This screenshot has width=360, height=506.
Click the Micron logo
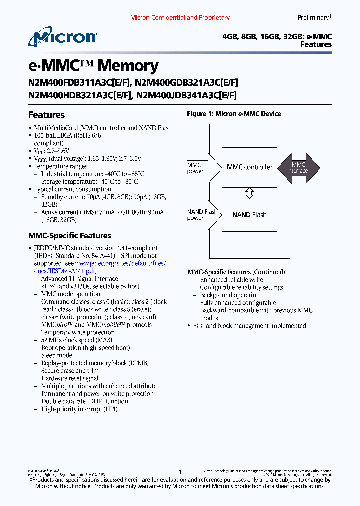(x=62, y=38)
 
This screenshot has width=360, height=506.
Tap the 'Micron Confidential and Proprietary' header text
(x=180, y=18)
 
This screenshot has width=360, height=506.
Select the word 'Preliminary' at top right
(x=313, y=18)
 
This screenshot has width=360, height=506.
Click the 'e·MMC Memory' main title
(x=93, y=66)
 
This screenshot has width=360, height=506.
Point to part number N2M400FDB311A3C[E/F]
(x=80, y=83)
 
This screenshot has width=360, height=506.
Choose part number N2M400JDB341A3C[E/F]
(x=186, y=95)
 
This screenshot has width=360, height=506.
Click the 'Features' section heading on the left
(x=46, y=115)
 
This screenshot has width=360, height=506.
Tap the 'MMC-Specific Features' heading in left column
(x=69, y=236)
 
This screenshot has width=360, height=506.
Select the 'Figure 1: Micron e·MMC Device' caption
(x=234, y=114)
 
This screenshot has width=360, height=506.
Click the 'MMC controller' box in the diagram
(x=249, y=167)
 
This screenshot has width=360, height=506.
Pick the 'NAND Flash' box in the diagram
(x=249, y=215)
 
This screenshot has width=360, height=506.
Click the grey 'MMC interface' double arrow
(x=299, y=167)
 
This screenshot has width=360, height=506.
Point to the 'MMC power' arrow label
(x=195, y=168)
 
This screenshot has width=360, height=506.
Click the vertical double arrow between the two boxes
(x=249, y=193)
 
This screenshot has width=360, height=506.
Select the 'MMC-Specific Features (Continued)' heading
(x=236, y=272)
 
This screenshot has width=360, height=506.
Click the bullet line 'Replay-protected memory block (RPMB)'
(x=94, y=363)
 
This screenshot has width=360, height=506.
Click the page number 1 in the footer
(x=180, y=472)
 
